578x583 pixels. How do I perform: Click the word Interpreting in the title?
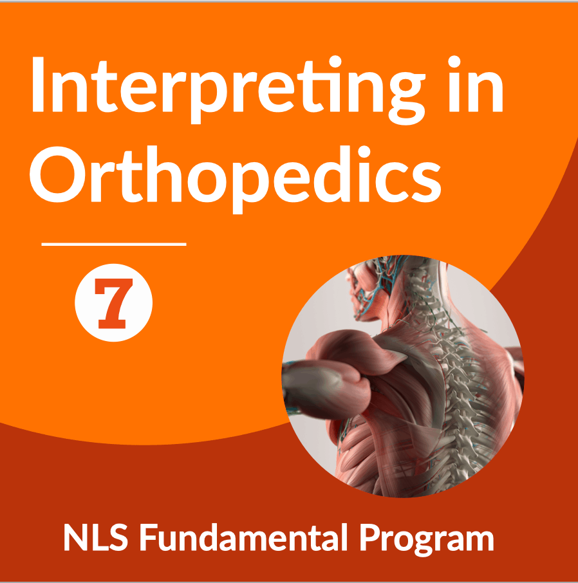228,90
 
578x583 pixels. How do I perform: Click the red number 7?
113,303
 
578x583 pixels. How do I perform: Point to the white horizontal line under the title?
114,245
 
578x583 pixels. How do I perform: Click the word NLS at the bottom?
96,537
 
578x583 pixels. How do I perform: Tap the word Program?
426,540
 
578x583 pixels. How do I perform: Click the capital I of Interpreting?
38,84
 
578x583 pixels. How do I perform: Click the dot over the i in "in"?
454,62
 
